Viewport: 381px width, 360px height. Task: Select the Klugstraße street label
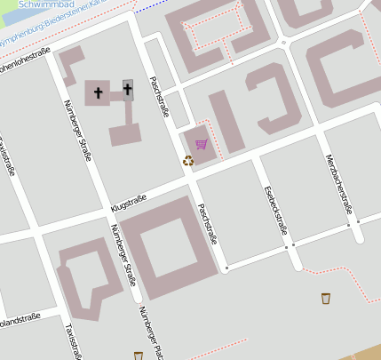128,202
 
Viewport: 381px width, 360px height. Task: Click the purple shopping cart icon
202,144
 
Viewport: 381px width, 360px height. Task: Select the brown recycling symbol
188,161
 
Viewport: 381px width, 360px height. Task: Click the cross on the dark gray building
128,89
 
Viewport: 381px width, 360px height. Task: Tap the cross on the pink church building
99,92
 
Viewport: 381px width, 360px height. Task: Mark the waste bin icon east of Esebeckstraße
326,298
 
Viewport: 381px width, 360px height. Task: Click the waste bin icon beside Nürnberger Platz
138,356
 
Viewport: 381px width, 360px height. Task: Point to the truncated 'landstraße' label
20,319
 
